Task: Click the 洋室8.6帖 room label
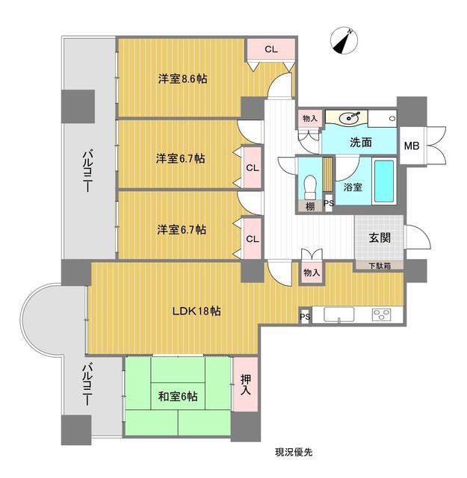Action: coord(182,78)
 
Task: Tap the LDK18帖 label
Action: coord(196,311)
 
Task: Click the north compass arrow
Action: coord(345,40)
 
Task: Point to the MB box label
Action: coord(412,145)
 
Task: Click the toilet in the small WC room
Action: coord(311,183)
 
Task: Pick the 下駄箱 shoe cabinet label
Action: coord(379,265)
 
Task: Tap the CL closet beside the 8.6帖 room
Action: coord(270,49)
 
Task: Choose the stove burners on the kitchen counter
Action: coord(383,314)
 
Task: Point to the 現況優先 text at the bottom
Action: coord(293,452)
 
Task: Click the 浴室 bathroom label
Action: coord(353,187)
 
